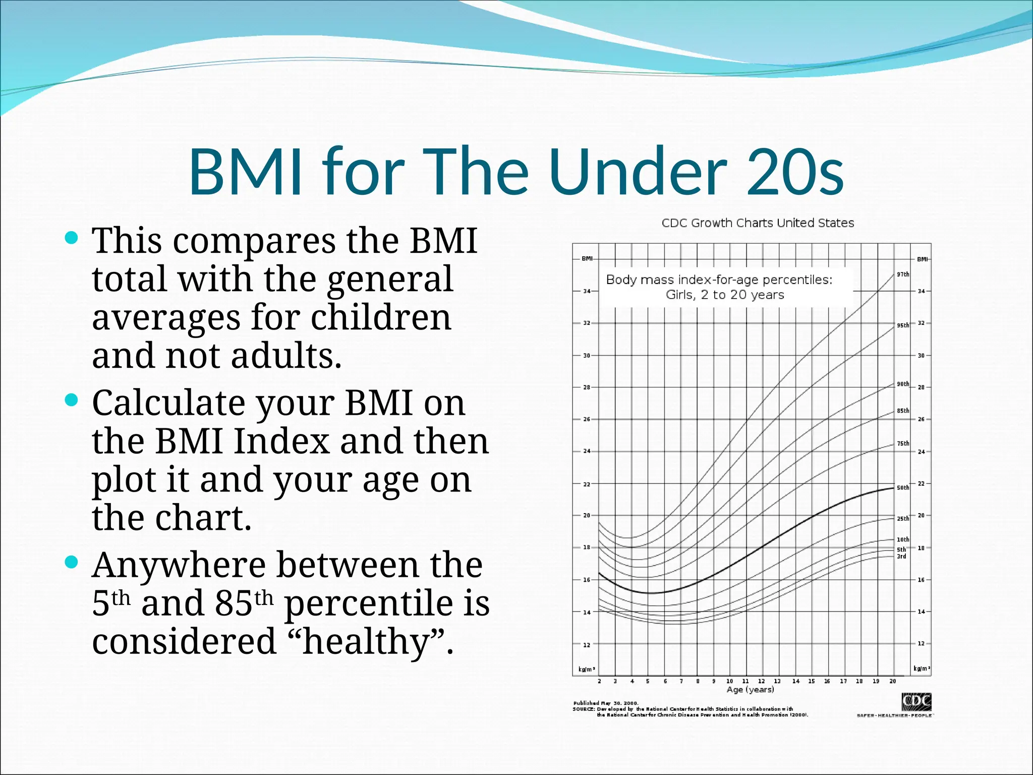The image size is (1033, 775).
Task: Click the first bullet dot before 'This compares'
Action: [x=72, y=238]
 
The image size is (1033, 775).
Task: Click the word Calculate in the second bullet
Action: [x=168, y=403]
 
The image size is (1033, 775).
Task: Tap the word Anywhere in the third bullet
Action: [x=179, y=565]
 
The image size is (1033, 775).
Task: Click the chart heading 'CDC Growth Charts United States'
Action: [x=758, y=223]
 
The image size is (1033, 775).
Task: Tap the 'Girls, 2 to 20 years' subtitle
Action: [x=725, y=295]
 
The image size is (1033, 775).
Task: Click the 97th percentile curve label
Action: [x=903, y=274]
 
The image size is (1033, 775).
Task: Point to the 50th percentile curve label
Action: [x=903, y=488]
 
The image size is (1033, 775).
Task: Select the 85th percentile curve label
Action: [x=903, y=411]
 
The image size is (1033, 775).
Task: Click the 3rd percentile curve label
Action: [x=901, y=557]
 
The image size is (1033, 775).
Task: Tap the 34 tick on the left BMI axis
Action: [x=587, y=291]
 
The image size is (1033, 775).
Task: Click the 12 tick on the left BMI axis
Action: [x=587, y=645]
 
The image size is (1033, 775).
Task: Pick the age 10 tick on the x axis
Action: [x=729, y=681]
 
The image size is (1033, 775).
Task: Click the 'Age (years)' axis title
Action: [x=750, y=690]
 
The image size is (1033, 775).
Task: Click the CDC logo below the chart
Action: [x=916, y=702]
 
